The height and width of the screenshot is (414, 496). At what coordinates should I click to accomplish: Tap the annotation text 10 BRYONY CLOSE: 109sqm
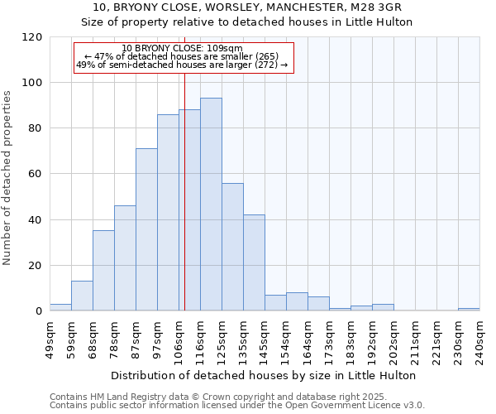click(x=182, y=49)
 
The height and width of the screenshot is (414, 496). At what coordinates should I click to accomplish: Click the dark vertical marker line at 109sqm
click(x=184, y=199)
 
